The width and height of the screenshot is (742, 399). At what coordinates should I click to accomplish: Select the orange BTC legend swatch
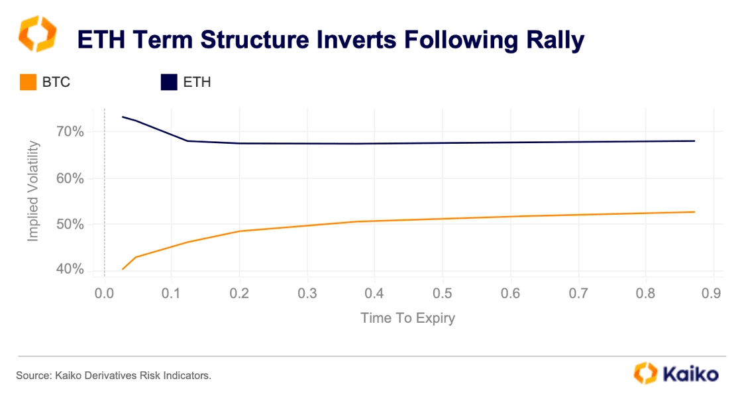coord(28,82)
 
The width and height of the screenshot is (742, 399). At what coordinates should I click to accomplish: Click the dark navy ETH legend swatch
coord(169,82)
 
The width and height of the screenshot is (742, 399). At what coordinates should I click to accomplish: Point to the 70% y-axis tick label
coord(70,132)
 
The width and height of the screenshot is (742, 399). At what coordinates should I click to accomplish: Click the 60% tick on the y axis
coord(70,178)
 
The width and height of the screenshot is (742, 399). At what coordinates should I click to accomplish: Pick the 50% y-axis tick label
coord(70,224)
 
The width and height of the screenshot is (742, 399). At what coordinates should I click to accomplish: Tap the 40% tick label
coord(70,269)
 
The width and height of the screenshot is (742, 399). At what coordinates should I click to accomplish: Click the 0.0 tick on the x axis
coord(104,294)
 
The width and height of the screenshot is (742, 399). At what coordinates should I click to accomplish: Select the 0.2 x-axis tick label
coord(239,294)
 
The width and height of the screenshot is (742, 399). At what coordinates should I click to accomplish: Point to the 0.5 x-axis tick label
coord(443,294)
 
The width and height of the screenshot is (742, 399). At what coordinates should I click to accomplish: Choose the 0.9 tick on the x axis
coord(712,294)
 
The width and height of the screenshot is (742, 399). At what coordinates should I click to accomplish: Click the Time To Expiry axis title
coord(408,318)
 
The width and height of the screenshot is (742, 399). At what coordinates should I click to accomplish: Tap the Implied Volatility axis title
coord(32,192)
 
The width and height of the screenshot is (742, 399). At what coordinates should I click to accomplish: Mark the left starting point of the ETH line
coord(123,117)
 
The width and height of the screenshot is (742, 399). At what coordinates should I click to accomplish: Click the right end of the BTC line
coord(695,211)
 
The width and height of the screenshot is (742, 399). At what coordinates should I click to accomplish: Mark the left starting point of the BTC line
coord(123,269)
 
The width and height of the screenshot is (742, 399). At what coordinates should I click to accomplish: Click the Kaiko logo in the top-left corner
coord(37,34)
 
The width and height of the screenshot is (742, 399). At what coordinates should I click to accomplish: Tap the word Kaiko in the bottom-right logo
coord(691,374)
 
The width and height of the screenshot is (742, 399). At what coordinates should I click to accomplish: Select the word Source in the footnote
coord(33,376)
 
